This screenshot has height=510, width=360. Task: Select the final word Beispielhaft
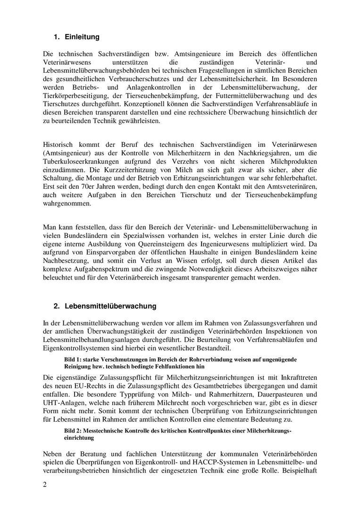[299, 470]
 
